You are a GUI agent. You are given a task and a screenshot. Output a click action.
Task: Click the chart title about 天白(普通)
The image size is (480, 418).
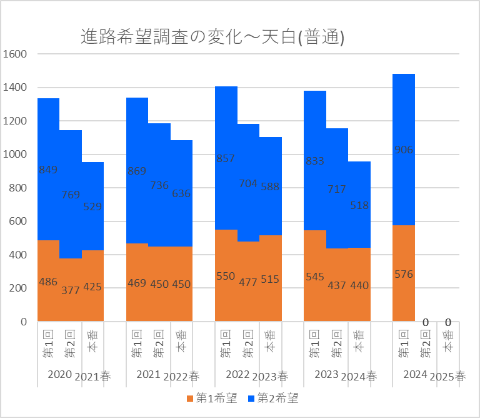coord(213,38)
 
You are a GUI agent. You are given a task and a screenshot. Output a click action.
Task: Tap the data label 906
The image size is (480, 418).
coord(404,150)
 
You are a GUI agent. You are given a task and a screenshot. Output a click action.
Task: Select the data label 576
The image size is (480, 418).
coord(404,274)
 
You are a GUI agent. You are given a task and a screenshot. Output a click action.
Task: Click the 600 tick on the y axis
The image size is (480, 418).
coord(17,222)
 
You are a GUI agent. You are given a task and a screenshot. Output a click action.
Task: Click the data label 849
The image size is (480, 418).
coord(48,170)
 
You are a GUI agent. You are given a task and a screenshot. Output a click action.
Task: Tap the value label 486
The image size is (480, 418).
coord(48,282)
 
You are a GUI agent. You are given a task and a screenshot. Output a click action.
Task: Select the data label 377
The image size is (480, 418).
coord(71,290)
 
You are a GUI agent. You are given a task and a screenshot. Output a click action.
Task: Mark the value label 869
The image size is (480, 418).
coord(137,170)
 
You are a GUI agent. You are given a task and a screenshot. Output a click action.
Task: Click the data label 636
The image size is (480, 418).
coord(181,193)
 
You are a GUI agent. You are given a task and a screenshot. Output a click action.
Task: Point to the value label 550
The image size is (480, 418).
coord(226,277)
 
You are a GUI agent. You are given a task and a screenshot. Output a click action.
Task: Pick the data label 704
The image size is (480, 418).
coord(248,184)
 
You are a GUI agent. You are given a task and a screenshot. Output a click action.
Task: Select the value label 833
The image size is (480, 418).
coord(315,161)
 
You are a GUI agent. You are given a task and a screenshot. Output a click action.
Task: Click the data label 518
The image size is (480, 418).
coord(359,205)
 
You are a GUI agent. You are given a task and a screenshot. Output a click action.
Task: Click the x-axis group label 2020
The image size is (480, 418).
coord(59,374)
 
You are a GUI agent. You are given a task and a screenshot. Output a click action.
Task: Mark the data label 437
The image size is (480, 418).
coord(337,285)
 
